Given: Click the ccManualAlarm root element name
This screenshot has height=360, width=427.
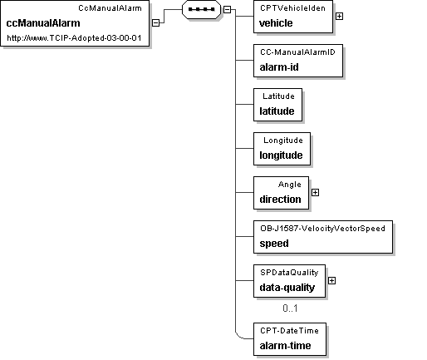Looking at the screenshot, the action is [x=43, y=23].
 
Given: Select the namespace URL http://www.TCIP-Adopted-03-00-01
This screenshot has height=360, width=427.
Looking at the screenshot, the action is [x=74, y=38].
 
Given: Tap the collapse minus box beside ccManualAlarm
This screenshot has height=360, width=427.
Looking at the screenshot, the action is [x=156, y=22].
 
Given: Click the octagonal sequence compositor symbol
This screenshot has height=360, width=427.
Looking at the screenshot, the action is [x=202, y=9].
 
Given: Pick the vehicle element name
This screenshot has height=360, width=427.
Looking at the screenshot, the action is [x=276, y=23].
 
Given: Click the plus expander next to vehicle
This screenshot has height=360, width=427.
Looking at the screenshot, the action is [x=339, y=17].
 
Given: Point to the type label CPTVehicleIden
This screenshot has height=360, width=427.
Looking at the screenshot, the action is [x=292, y=8].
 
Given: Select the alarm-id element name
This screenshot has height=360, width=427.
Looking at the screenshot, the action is [x=279, y=67].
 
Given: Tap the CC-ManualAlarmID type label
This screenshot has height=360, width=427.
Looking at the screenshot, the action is [x=297, y=52].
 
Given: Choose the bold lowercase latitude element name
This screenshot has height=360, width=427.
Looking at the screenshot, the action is [x=277, y=111].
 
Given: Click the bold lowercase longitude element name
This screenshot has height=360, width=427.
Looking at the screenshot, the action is [x=281, y=155].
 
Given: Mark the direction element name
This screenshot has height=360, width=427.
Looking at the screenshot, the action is [x=280, y=200].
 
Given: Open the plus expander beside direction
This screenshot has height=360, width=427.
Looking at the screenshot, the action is [x=315, y=192].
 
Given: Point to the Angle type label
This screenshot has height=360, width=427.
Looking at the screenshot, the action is [x=290, y=185].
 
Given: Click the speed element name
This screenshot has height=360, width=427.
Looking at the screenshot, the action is [x=274, y=244].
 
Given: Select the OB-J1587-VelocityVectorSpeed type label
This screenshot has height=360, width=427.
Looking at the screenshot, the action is [x=322, y=229].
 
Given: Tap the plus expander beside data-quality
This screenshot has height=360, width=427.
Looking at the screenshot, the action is [x=331, y=281].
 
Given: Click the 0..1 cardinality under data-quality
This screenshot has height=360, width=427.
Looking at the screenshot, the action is [x=290, y=308].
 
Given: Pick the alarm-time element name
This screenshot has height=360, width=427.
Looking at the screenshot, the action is [x=285, y=346].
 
